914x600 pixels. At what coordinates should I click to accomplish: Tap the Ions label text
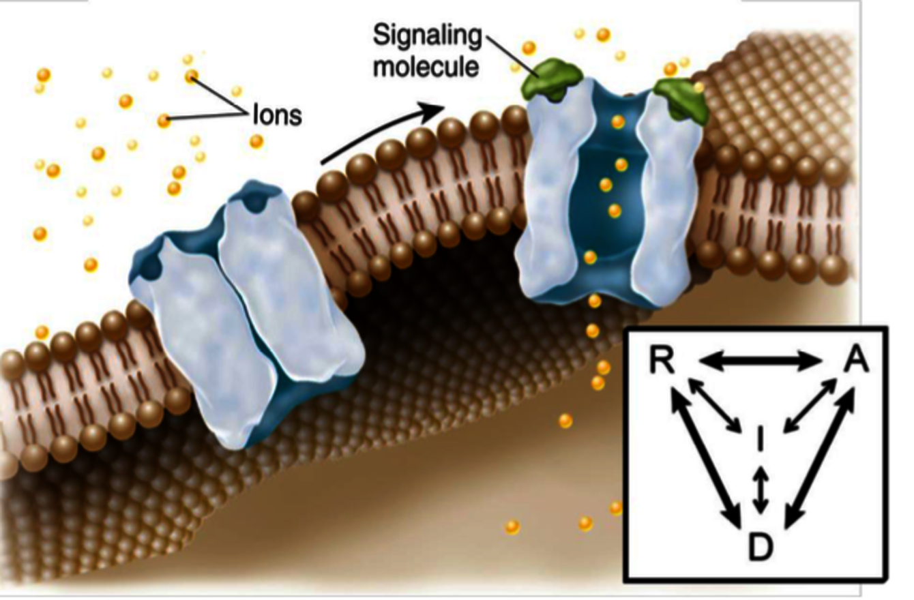pyautogui.click(x=277, y=116)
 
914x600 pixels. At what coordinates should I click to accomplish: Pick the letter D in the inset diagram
pyautogui.click(x=760, y=545)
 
